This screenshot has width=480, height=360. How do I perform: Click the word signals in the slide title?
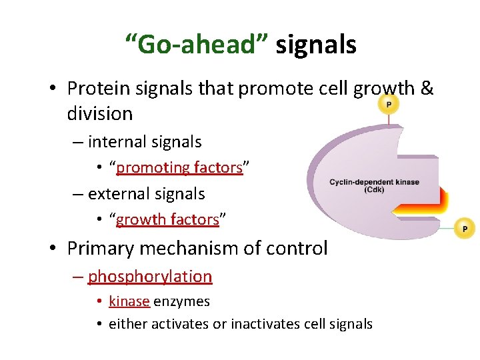pyautogui.click(x=316, y=45)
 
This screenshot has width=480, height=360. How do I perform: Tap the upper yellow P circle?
pyautogui.click(x=388, y=105)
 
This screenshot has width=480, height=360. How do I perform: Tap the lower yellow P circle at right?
pyautogui.click(x=464, y=229)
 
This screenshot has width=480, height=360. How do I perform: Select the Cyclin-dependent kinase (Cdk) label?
pyautogui.click(x=374, y=185)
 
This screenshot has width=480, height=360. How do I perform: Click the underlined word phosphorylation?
pyautogui.click(x=150, y=276)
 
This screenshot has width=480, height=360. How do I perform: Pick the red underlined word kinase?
pyautogui.click(x=129, y=301)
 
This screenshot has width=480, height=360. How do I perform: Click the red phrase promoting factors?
pyautogui.click(x=179, y=168)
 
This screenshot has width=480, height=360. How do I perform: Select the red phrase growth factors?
pyautogui.click(x=167, y=219)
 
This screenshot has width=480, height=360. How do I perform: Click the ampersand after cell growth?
pyautogui.click(x=427, y=88)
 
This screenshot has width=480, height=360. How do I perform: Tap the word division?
pyautogui.click(x=100, y=113)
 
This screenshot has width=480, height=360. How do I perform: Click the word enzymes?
pyautogui.click(x=181, y=301)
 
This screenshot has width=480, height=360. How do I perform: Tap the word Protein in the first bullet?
pyautogui.click(x=103, y=88)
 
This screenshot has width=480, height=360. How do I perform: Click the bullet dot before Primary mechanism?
pyautogui.click(x=54, y=249)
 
